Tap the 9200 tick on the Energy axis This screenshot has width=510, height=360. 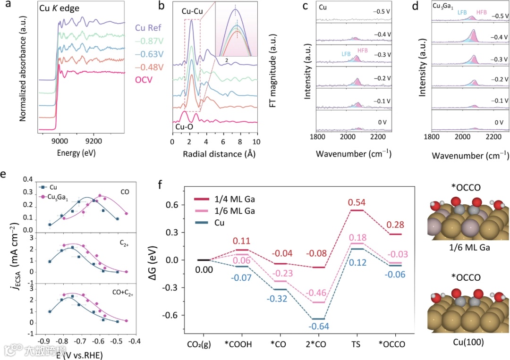94,141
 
